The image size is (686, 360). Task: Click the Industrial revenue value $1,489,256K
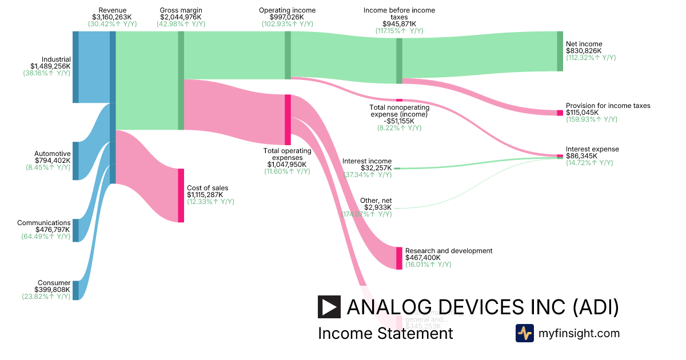click(x=51, y=66)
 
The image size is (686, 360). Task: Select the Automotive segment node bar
click(x=75, y=161)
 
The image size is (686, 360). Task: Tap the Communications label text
click(x=44, y=223)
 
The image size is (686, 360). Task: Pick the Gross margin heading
click(x=181, y=10)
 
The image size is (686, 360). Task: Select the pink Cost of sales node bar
click(x=181, y=195)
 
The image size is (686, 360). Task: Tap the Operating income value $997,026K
click(x=287, y=17)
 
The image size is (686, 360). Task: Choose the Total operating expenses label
click(x=287, y=154)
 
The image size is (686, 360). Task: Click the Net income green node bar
click(x=560, y=51)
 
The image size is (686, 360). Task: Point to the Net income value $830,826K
click(x=584, y=51)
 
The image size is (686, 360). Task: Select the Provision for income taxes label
click(x=608, y=106)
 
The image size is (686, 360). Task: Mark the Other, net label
click(x=376, y=201)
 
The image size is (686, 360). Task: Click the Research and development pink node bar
click(x=399, y=258)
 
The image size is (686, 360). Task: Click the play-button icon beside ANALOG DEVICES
click(x=329, y=307)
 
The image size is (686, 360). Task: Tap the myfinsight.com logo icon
click(x=524, y=333)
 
